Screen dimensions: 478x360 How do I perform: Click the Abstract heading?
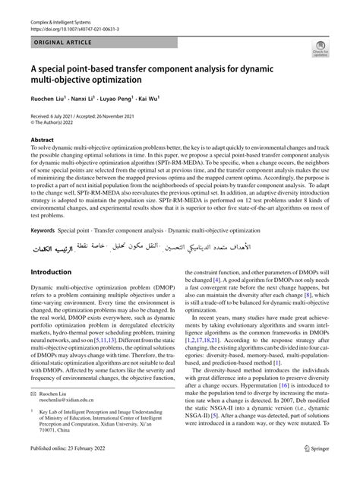pos(43,140)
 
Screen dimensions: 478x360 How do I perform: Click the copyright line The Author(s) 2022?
pos(61,120)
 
